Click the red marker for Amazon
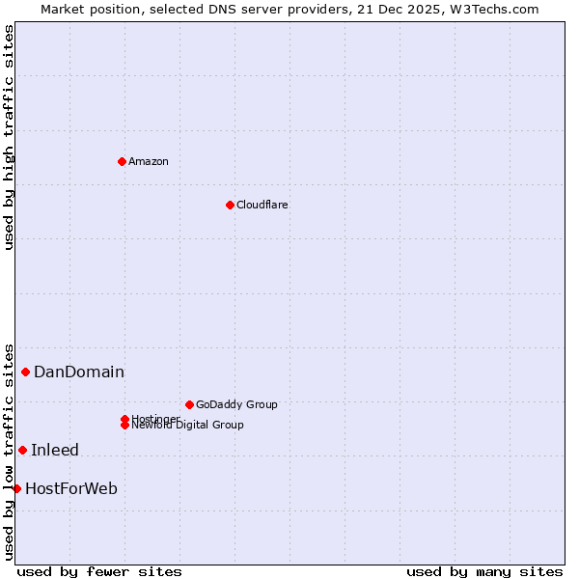[122, 161]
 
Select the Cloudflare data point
[230, 205]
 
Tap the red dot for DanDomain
[26, 372]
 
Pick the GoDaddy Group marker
[189, 404]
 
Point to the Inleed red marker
[23, 450]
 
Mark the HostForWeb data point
[16, 488]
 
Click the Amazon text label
[148, 161]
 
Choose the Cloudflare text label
[262, 205]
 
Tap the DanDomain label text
[79, 372]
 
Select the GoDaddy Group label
[236, 404]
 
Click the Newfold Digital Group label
[187, 425]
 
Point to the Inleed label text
[55, 450]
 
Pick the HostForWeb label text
[71, 488]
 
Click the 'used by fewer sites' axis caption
[99, 571]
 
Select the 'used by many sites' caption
[484, 571]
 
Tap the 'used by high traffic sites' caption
[10, 137]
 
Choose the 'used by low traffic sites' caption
[10, 451]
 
